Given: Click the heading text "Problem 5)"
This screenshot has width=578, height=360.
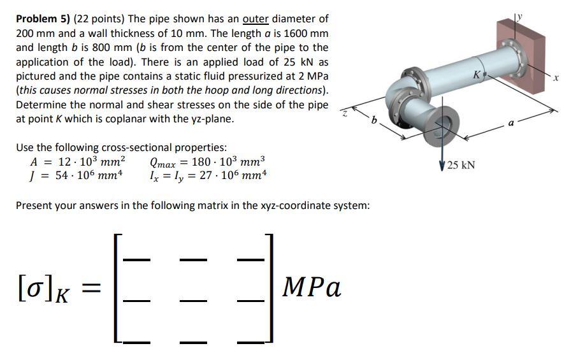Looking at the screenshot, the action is [42, 20].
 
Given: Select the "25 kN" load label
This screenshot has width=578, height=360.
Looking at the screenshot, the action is [461, 166].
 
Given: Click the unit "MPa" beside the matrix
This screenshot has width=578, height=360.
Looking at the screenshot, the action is [313, 287].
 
